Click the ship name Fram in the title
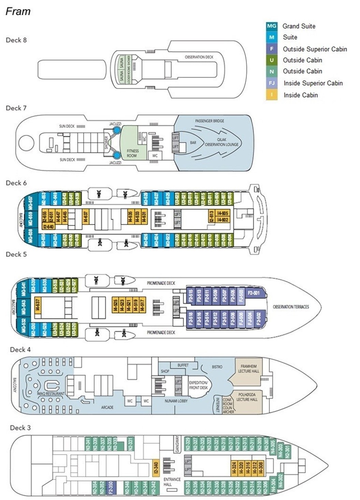click(18, 11)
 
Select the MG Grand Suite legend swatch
click(272, 26)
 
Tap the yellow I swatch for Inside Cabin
click(272, 95)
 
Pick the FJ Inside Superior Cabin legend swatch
click(272, 83)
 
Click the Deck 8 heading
click(16, 40)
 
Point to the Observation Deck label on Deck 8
click(199, 57)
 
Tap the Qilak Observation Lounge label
click(221, 142)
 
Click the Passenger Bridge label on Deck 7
click(210, 121)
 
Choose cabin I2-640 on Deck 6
click(48, 227)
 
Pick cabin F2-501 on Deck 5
click(254, 293)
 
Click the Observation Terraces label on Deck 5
click(291, 307)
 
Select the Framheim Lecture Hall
click(249, 369)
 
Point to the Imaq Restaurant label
click(51, 394)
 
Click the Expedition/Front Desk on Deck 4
click(198, 385)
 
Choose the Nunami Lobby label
click(176, 401)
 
